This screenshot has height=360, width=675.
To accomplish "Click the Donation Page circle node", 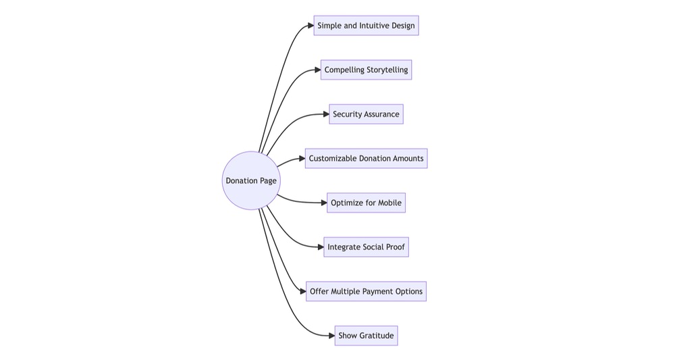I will click(x=250, y=180).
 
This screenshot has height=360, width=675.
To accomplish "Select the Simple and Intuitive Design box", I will click(x=366, y=26).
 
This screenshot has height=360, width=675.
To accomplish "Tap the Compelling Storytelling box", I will click(x=366, y=70).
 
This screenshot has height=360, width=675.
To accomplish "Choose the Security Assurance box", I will click(x=366, y=114).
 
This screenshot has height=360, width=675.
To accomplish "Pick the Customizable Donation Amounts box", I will click(x=366, y=159).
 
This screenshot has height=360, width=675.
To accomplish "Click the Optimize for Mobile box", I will click(x=366, y=203).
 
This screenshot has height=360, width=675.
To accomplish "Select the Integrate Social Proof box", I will click(x=366, y=247).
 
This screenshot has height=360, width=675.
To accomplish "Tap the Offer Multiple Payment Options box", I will click(x=366, y=291).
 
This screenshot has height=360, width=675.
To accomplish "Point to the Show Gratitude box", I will click(x=366, y=336).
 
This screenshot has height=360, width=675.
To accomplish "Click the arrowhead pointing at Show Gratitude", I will click(x=331, y=336).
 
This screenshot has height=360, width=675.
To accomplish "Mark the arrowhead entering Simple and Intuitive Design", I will click(x=310, y=26).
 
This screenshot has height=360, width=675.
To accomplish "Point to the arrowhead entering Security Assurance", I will click(x=325, y=114).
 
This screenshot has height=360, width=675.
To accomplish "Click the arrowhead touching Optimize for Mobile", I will click(x=323, y=203).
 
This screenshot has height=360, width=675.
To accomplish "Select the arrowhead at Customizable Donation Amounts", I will click(x=301, y=159).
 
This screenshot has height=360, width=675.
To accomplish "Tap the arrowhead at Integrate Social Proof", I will click(x=320, y=247).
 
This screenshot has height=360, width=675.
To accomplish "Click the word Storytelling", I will click(x=387, y=70).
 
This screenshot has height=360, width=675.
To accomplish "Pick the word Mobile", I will click(x=389, y=203).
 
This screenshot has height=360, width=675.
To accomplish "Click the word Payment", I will click(x=375, y=291).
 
